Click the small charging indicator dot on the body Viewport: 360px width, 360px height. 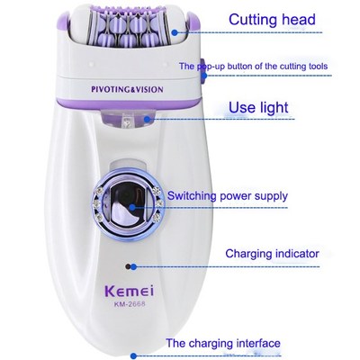coord(131,266)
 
